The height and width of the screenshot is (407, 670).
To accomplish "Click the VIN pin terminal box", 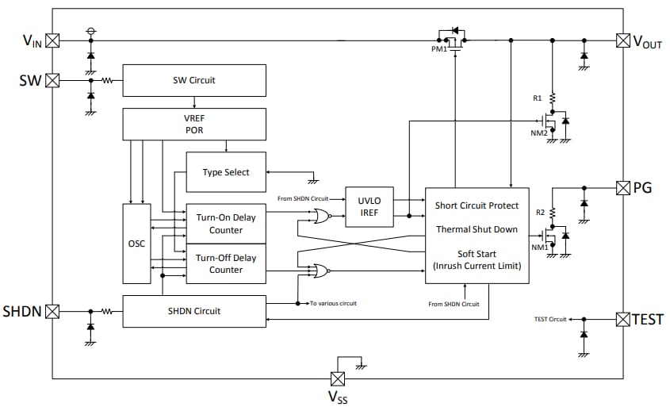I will pos(52,40).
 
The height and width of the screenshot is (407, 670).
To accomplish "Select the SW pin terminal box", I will pos(52,80).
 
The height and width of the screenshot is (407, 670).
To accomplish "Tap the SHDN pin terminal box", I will pos(52,312).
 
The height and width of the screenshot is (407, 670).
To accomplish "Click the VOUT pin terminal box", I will pos(623,40).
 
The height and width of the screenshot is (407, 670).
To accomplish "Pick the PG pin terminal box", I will pos(623,188).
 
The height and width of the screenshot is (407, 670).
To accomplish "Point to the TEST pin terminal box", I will pos(623,319).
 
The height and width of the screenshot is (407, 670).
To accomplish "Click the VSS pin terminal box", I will pos(338,378).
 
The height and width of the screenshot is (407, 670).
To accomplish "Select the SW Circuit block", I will pos(194,80).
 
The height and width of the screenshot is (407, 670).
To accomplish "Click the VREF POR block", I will pos(194,124).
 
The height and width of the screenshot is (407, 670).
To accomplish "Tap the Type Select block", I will pos(226,172).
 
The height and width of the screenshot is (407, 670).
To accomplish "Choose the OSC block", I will pos(136,244).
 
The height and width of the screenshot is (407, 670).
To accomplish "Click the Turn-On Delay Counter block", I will pos(226,224).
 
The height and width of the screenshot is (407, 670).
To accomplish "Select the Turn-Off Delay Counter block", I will pos(226,263).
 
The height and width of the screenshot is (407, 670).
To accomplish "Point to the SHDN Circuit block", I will pos(194,311).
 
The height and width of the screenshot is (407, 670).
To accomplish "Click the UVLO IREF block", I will pos(369,208).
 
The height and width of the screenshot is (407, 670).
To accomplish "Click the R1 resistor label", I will pos(537,98).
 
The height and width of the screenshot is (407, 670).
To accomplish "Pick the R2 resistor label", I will pos(540,213).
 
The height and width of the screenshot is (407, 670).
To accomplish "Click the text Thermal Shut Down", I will pos(476,229).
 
